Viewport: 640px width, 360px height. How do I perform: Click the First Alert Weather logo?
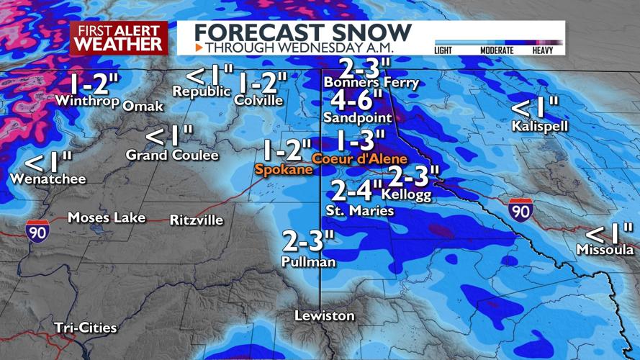coord(118,37)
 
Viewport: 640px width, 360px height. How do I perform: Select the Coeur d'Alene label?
coord(359,158)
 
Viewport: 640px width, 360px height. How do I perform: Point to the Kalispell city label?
coord(540,126)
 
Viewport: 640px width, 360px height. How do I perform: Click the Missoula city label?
coord(605,250)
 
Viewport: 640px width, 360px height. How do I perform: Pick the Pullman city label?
coord(309,262)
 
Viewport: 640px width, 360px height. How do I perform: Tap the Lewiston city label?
coord(325,316)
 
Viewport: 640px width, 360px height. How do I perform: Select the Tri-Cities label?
coord(85,328)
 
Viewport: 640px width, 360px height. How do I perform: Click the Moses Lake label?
coord(107,217)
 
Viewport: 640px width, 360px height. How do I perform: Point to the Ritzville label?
coord(197,220)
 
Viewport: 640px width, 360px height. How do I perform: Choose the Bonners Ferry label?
coord(371,82)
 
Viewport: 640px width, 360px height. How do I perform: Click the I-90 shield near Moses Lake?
coord(38,230)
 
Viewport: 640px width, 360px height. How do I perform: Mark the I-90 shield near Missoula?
coord(520,210)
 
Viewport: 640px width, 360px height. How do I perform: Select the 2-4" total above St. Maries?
coord(356,191)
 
